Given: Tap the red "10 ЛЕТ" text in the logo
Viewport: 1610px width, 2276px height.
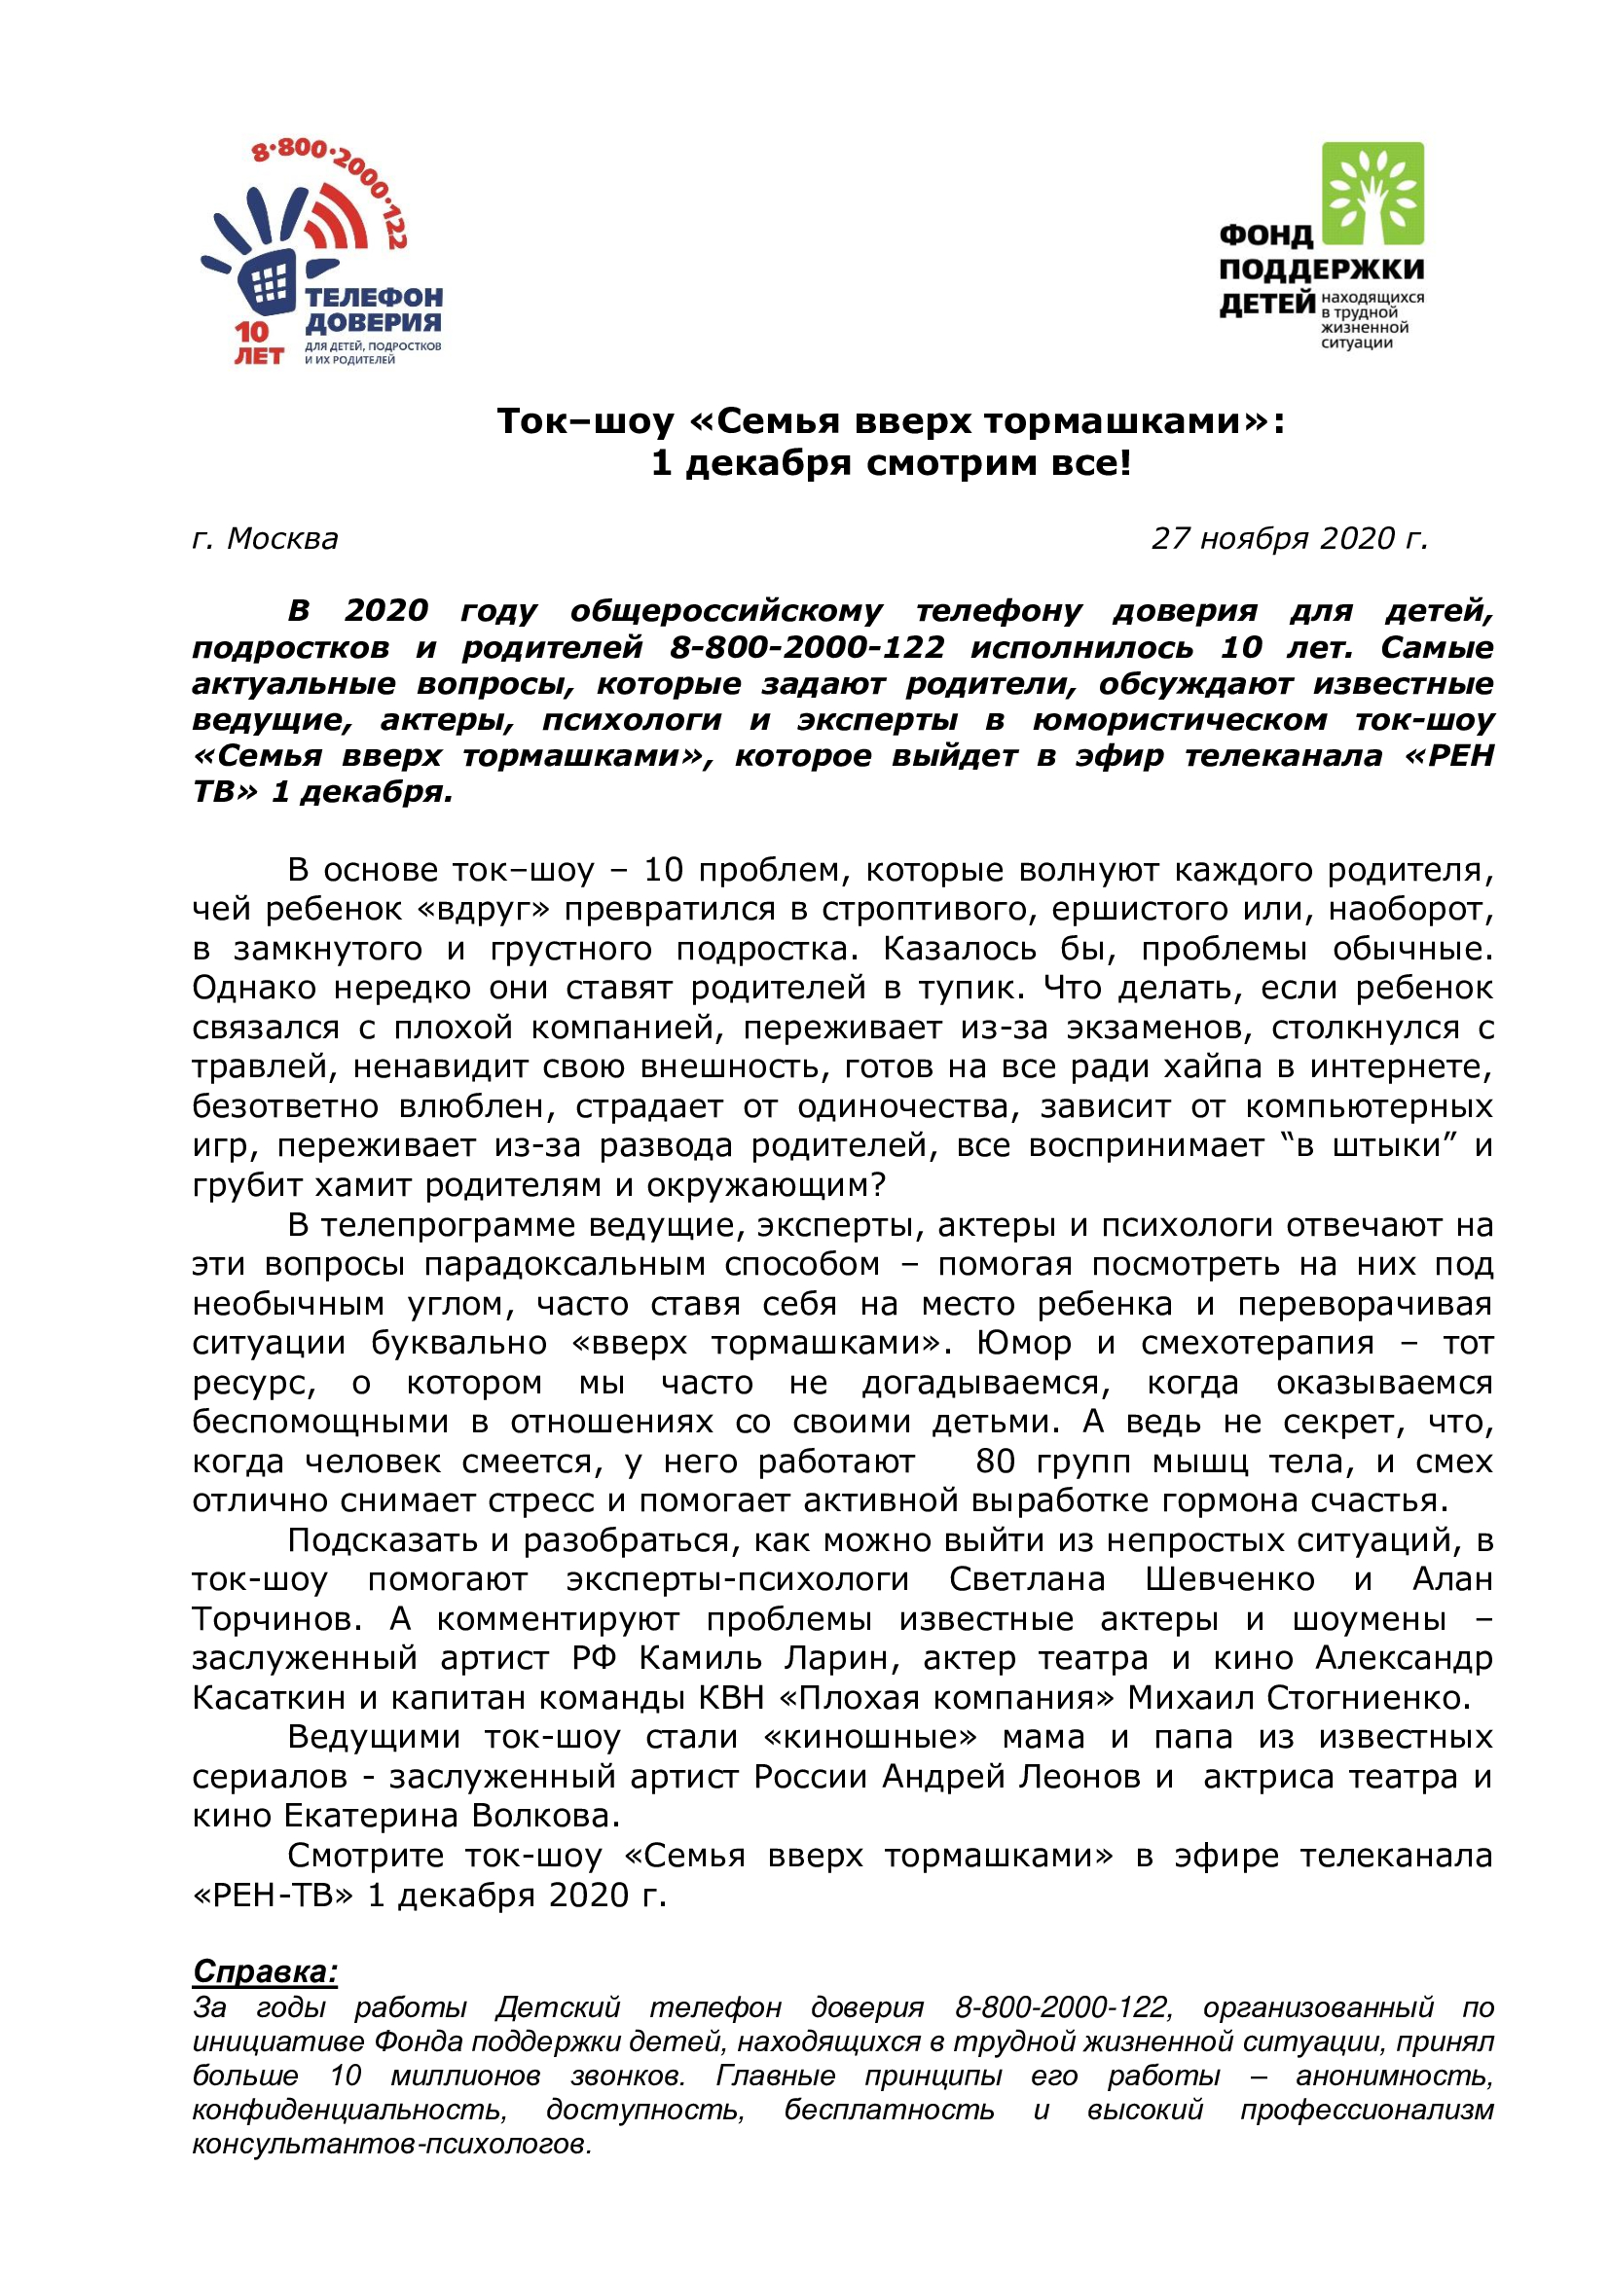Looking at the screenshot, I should coord(258,343).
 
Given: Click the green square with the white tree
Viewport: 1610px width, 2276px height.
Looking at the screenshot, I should coord(1373,195).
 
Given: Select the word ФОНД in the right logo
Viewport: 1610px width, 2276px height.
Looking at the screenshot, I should coord(1266,235).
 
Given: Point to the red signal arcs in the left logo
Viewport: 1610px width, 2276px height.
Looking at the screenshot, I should coord(342,218).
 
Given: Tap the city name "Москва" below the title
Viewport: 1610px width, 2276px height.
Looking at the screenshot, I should coord(282,538).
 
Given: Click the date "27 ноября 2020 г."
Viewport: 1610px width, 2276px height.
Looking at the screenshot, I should coord(1289,538).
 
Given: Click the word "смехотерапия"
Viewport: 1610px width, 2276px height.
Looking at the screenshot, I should coord(1257,1343).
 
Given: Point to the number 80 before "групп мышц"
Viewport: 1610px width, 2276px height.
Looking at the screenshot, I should coord(996,1463).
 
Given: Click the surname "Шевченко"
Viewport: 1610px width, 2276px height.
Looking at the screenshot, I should coord(1229,1579).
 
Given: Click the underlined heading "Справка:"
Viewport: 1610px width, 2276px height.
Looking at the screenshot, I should coord(265,1971).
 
